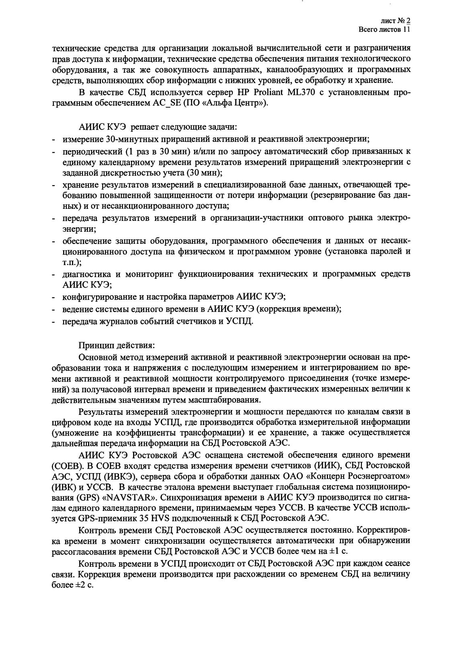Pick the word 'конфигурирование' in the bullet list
click(96, 297)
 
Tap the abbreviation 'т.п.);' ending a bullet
click(72, 263)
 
